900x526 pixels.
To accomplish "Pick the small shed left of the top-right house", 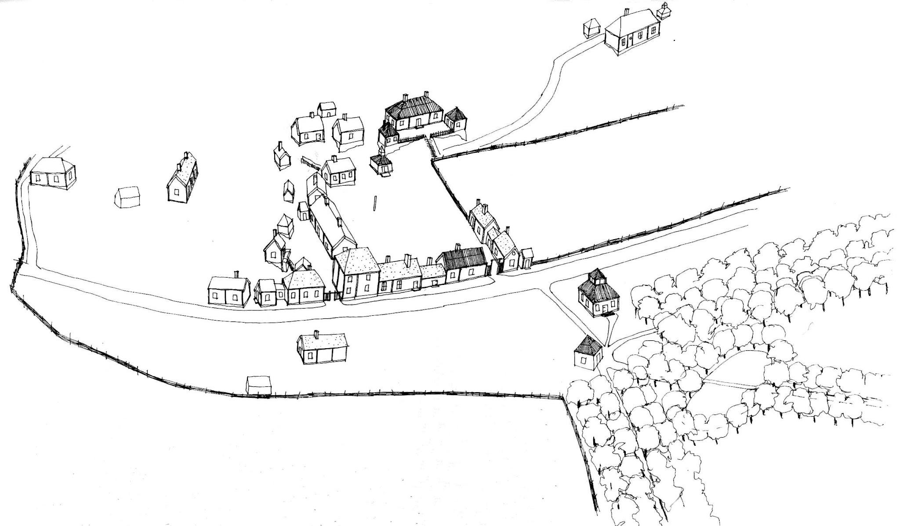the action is point(592,28).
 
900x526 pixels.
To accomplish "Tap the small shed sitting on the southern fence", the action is point(259,385).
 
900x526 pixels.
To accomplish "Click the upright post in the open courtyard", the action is point(375,204).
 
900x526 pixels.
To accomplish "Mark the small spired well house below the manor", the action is point(381,165).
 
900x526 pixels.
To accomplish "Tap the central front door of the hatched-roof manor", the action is point(418,123).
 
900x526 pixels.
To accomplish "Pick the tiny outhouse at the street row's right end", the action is point(526,259).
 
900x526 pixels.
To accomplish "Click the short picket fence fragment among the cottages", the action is point(310,163).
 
